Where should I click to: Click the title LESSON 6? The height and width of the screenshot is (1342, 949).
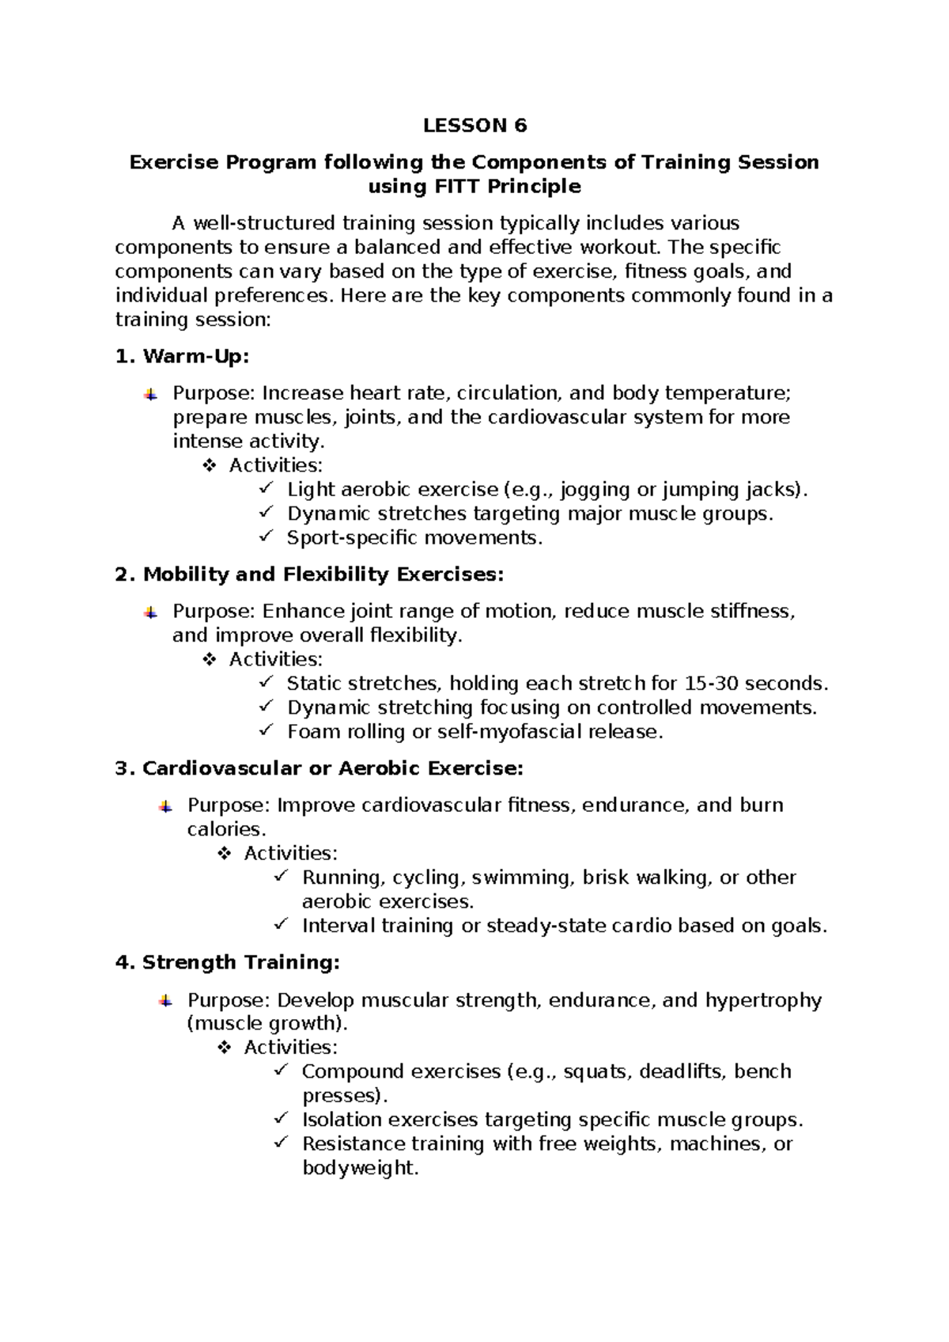(x=475, y=126)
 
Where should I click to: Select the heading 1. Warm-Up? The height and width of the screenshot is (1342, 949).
(x=182, y=357)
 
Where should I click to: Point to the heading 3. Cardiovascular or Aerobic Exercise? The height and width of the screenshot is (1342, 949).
(x=319, y=768)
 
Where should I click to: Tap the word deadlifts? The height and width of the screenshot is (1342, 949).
(x=681, y=1071)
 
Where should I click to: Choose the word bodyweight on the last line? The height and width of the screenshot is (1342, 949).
(x=358, y=1168)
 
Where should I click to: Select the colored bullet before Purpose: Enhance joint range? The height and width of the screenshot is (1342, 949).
(x=150, y=612)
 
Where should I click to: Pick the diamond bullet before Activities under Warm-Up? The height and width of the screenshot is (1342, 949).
(x=210, y=466)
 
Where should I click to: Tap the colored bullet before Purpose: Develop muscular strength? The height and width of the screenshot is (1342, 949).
(x=165, y=1000)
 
